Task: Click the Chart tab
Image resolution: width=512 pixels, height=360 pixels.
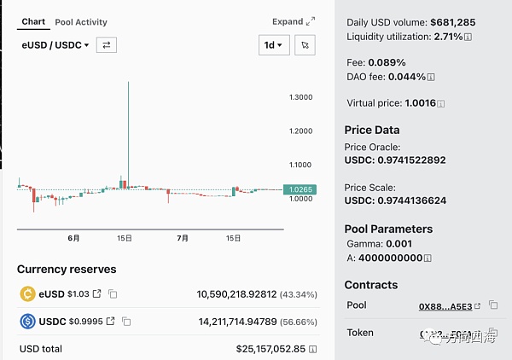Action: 33,21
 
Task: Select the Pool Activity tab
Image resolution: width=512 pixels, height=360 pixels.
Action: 81,22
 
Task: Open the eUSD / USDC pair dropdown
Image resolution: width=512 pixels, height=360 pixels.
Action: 55,45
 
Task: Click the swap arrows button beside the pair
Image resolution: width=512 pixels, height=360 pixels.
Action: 107,45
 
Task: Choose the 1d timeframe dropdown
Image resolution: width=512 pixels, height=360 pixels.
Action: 274,45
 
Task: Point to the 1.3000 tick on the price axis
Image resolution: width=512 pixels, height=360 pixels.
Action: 300,97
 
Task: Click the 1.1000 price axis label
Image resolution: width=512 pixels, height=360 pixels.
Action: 300,165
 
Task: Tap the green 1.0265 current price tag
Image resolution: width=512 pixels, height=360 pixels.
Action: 300,189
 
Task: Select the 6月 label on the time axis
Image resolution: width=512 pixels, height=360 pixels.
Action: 73,239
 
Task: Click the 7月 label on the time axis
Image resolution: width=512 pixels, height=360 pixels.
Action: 182,239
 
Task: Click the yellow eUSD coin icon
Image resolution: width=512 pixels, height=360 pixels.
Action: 26,293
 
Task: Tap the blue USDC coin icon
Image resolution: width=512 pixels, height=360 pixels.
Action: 26,322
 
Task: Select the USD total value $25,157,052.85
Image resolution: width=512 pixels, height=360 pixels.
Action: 271,349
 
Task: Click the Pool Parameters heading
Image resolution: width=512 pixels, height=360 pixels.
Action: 388,229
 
